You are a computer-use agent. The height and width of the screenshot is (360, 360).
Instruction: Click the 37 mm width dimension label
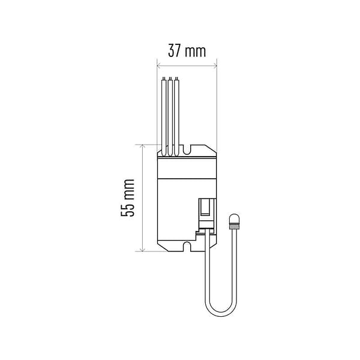point(187,51)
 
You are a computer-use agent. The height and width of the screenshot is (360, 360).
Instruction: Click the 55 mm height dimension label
point(127,197)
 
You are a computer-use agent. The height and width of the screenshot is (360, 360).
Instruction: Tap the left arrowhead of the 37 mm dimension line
point(158,66)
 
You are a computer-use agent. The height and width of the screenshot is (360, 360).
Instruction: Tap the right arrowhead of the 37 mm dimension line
point(215,66)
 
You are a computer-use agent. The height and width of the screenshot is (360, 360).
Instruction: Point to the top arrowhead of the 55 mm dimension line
point(143,146)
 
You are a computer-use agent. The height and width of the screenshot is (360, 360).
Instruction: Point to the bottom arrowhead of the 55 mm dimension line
point(143,250)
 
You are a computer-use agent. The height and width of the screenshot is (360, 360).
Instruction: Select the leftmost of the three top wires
point(164,117)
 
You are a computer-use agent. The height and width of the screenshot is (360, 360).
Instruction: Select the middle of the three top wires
point(170,117)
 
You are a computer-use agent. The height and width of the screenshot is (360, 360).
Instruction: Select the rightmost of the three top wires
point(176,117)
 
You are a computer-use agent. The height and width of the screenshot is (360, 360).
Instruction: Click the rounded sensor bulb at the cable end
point(234,219)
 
